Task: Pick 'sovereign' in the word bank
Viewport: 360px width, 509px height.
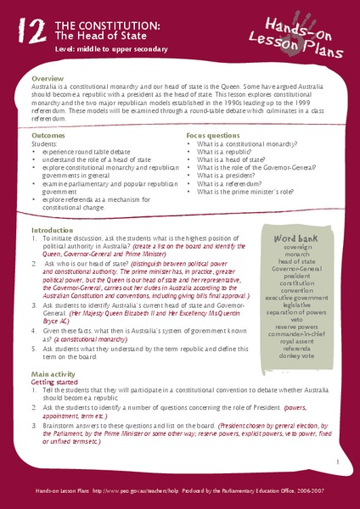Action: click(295, 252)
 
